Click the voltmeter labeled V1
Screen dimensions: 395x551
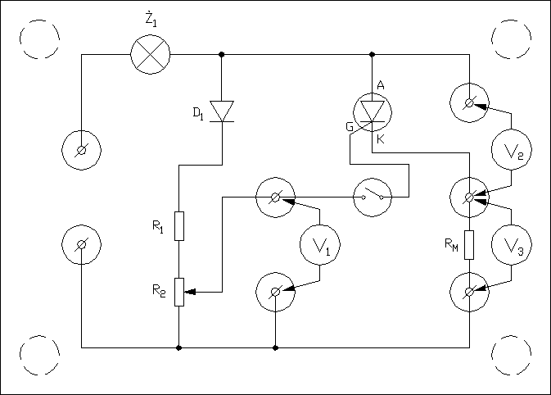tap(320, 244)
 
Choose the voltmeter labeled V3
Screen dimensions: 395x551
tap(512, 244)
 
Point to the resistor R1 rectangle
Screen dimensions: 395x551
tap(178, 225)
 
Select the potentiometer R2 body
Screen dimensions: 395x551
tap(178, 291)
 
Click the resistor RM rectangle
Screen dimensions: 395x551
tap(469, 245)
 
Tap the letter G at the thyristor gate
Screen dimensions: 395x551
tap(350, 127)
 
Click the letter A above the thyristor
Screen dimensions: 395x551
tap(381, 85)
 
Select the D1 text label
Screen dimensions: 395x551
tap(198, 114)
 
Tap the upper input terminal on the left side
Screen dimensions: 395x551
tap(82, 150)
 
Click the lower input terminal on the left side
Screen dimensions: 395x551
tap(82, 244)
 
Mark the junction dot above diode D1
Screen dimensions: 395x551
tap(222, 55)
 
